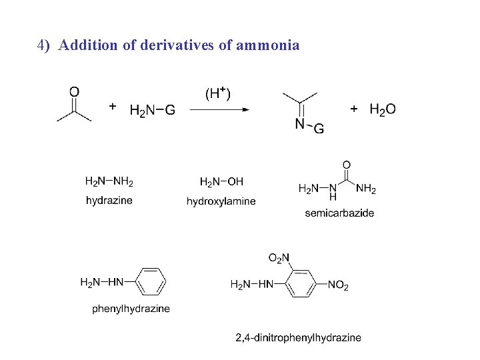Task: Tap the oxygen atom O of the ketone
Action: click(x=74, y=91)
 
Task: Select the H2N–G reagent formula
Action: click(x=152, y=110)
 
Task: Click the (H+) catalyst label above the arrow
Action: click(x=217, y=93)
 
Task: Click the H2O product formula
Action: click(x=382, y=109)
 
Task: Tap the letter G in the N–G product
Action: click(x=319, y=129)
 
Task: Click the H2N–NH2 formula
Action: click(x=109, y=181)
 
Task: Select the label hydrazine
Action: click(x=109, y=200)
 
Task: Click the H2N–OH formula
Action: click(x=221, y=181)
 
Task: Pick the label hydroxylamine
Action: click(x=221, y=201)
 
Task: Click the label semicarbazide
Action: click(x=339, y=213)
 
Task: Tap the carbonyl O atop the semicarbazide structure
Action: click(x=346, y=165)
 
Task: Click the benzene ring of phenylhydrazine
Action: click(x=151, y=282)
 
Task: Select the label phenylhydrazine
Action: click(x=131, y=309)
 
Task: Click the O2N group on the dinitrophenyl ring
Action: click(x=279, y=258)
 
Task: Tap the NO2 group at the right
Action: click(x=339, y=286)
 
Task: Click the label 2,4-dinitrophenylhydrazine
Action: click(x=298, y=337)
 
